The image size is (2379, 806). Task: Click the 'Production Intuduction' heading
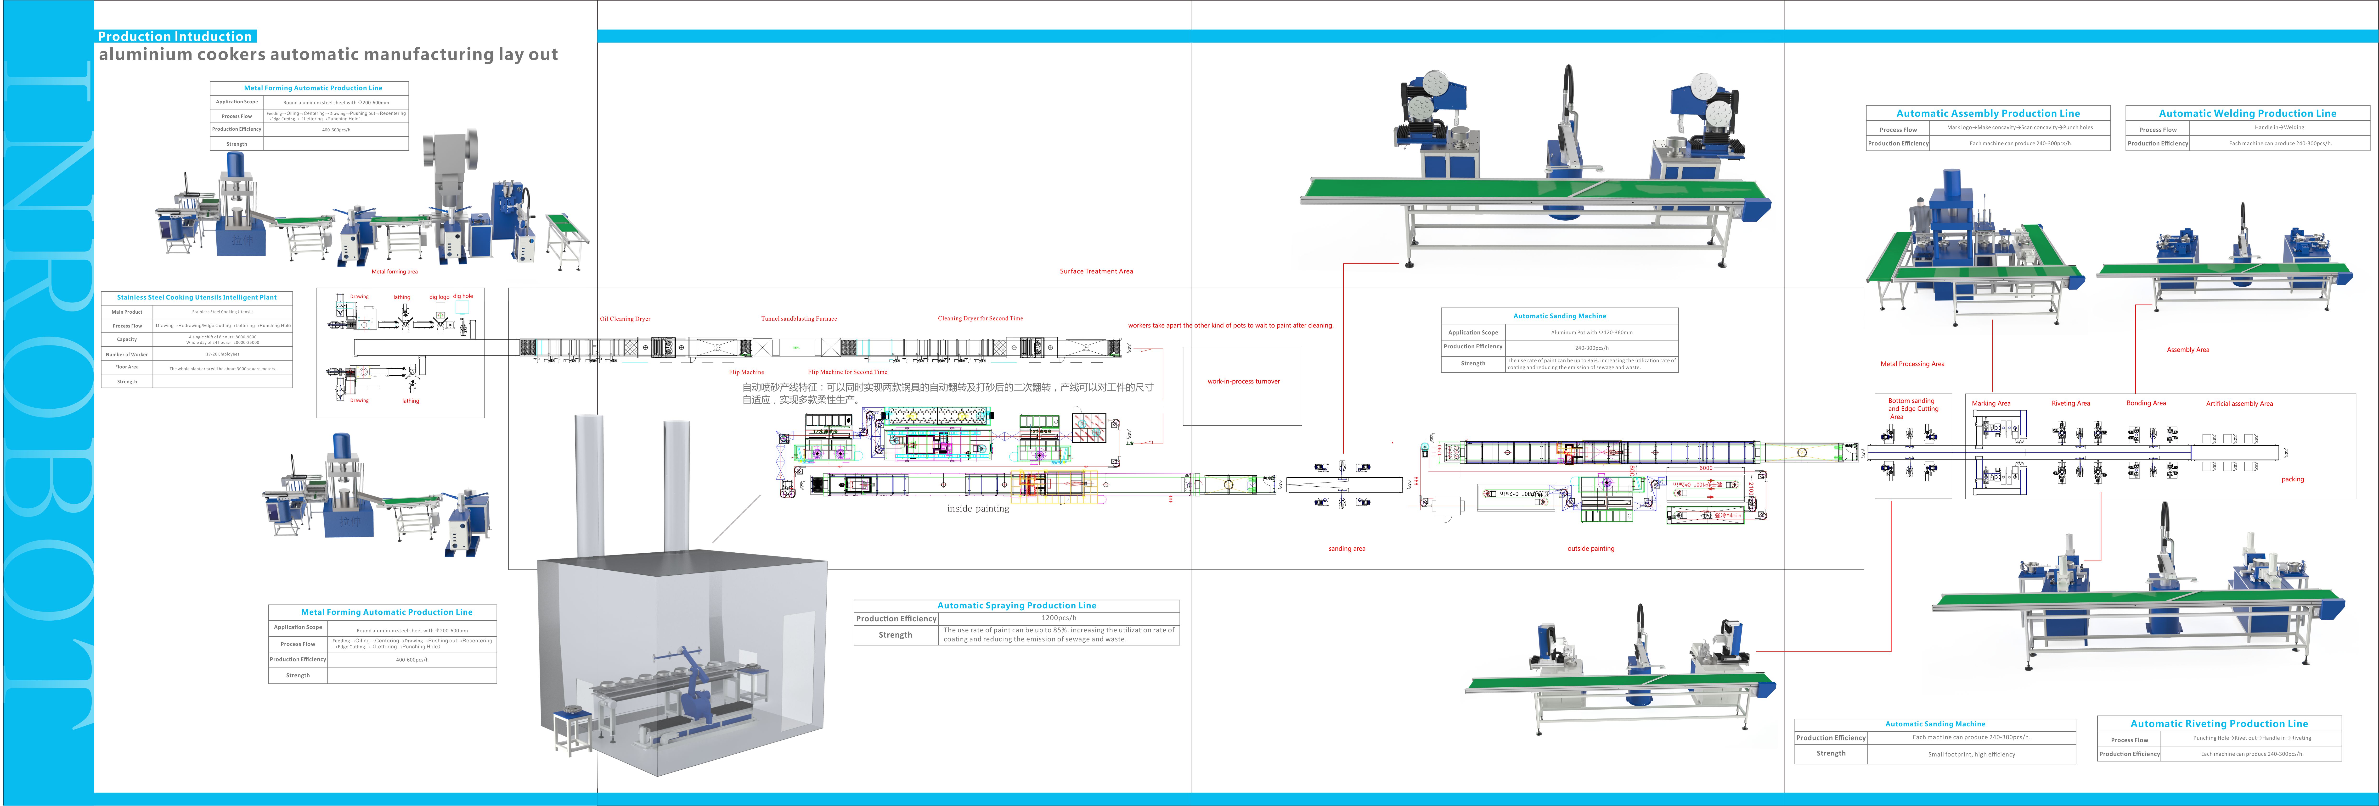[175, 36]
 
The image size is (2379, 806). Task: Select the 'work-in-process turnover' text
[1243, 381]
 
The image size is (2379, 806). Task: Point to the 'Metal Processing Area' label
[1912, 364]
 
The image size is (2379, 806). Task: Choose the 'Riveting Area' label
[2070, 403]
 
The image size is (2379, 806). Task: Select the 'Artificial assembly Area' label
[2239, 403]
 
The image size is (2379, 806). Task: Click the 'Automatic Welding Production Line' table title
[2247, 114]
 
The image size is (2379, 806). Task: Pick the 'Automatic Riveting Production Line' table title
[2218, 724]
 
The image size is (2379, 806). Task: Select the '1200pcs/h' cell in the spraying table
[1058, 618]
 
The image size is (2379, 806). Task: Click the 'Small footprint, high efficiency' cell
[1971, 754]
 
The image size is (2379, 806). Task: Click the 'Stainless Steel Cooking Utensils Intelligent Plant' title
[197, 297]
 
